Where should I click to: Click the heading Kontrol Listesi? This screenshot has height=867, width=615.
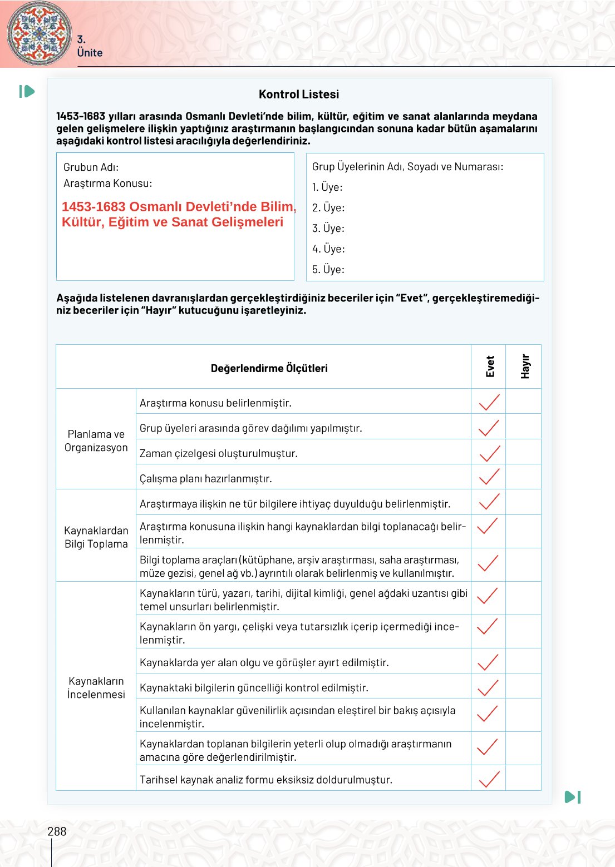[x=299, y=95]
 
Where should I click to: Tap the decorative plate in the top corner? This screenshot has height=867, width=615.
[x=39, y=33]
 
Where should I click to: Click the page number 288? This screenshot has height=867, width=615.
[x=57, y=831]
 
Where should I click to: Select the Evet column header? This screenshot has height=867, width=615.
[x=489, y=366]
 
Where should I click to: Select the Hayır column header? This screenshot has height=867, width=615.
[x=524, y=366]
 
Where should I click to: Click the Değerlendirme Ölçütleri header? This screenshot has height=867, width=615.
[x=269, y=368]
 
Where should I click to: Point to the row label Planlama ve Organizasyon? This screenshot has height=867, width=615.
[x=96, y=440]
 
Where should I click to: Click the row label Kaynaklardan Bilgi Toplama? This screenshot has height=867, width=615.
[x=96, y=537]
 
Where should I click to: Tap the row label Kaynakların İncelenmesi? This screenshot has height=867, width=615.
[x=96, y=687]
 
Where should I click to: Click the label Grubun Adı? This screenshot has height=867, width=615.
[x=91, y=167]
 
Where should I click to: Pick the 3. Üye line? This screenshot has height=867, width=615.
[x=328, y=228]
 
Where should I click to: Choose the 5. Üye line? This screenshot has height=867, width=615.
[x=328, y=269]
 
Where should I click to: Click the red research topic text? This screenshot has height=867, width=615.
[x=178, y=214]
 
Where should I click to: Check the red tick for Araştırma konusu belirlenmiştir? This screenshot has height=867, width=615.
[x=489, y=402]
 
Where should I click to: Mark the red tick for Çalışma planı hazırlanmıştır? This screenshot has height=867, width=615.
[x=489, y=477]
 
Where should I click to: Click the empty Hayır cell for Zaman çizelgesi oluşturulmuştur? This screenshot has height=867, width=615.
[x=523, y=452]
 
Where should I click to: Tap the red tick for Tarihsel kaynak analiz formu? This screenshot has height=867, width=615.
[x=489, y=779]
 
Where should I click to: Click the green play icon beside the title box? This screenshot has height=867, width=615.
[x=27, y=91]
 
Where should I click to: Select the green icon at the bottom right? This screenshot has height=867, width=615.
[x=573, y=797]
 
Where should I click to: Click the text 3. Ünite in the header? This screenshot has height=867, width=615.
[x=89, y=47]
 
